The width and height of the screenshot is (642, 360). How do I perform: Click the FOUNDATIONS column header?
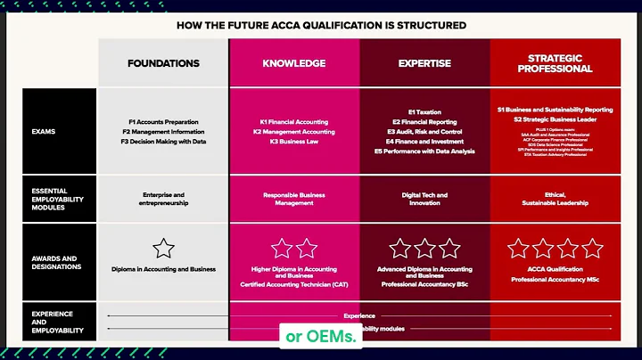(163, 63)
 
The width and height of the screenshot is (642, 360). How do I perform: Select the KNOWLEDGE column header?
(293, 63)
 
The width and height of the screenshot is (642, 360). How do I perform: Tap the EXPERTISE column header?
(424, 63)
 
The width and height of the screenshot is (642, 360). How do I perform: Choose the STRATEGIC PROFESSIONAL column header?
(555, 62)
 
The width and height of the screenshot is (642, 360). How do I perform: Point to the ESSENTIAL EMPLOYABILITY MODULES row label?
(56, 199)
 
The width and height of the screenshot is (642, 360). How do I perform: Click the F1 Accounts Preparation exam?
(164, 122)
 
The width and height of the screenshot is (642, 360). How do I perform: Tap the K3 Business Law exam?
(293, 141)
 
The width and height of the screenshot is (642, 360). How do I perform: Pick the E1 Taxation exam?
(424, 111)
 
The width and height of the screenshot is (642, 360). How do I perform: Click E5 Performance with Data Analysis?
(424, 151)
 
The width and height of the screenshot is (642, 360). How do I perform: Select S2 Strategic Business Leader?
(555, 119)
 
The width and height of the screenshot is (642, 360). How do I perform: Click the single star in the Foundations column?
(163, 249)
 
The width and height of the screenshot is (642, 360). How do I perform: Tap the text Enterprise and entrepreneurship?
(163, 199)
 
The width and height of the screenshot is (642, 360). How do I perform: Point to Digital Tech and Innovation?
(424, 199)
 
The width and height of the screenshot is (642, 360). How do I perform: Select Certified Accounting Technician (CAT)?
(293, 284)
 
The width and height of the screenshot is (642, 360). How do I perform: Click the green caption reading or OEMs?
(321, 336)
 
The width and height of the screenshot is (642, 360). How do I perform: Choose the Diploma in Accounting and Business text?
(163, 269)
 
